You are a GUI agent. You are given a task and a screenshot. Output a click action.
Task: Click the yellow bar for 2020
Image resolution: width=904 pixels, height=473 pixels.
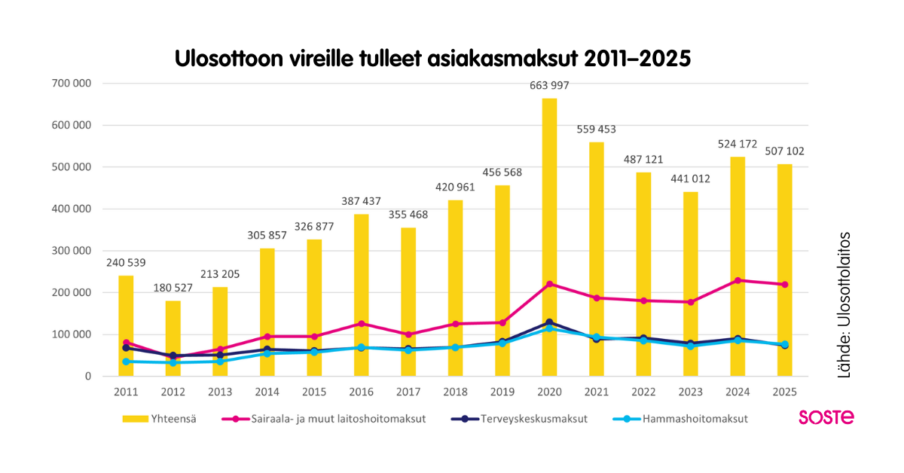tap(549, 226)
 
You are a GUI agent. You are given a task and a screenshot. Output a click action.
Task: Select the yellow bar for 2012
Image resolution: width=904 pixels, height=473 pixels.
tap(173, 331)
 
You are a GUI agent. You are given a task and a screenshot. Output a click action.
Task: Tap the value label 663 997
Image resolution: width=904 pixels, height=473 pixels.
tap(549, 84)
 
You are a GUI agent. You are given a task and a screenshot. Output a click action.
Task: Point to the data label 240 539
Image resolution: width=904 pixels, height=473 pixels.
tap(126, 263)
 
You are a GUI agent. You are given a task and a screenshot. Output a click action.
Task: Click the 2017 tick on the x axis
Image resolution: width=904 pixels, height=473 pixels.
tap(408, 392)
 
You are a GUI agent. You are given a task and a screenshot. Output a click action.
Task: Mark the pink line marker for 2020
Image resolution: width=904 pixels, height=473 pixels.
tap(549, 284)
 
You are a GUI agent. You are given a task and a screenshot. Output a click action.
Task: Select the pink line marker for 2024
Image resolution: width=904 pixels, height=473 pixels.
tap(738, 280)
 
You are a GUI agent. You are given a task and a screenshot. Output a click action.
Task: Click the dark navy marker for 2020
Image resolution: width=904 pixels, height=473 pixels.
tap(549, 322)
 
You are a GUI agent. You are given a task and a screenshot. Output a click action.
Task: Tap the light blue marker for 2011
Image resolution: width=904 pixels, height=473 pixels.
tap(126, 362)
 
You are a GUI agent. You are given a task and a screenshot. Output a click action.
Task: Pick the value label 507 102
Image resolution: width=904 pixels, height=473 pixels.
tap(784, 151)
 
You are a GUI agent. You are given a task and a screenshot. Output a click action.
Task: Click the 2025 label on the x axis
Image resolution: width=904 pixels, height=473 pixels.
tap(784, 392)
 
